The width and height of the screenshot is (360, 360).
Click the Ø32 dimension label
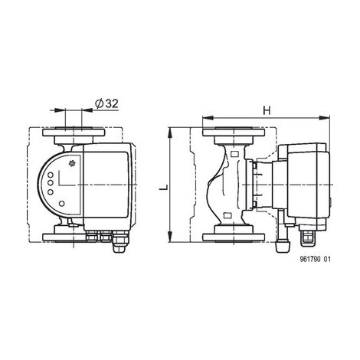click(x=106, y=103)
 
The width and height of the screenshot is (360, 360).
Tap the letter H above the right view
click(x=267, y=110)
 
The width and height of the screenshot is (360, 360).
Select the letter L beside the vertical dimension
click(x=164, y=187)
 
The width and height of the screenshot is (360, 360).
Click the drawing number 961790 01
click(x=315, y=260)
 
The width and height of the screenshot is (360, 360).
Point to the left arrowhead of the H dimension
click(x=208, y=118)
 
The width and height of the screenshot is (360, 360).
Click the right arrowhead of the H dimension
click(x=324, y=118)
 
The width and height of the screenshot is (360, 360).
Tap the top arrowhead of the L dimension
click(x=170, y=133)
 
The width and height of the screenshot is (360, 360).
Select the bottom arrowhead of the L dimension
click(x=170, y=237)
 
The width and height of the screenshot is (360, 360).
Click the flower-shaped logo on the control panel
click(x=73, y=164)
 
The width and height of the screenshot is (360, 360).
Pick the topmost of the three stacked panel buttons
click(x=51, y=175)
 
